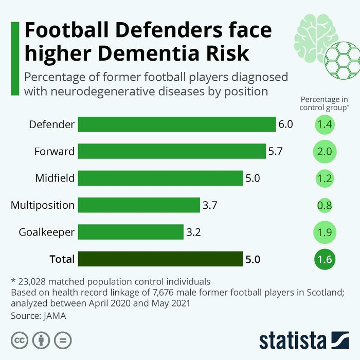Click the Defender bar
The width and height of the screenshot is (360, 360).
pos(177,124)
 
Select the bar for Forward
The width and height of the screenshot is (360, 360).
pos(172,151)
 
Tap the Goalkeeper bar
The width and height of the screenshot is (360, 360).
pos(131,232)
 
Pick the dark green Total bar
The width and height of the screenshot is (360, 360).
pos(160,259)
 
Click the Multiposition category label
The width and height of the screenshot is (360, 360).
pos(43,205)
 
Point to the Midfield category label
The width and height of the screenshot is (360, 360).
pos(55,178)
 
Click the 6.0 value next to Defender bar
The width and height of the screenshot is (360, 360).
pos(285,124)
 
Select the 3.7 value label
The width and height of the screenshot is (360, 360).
pos(210,205)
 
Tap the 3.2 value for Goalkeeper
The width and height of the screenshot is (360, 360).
pos(193,232)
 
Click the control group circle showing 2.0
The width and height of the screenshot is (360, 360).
pos(325,152)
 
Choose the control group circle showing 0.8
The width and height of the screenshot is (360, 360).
pos(325,206)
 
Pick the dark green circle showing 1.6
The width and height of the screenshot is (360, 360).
pos(325,260)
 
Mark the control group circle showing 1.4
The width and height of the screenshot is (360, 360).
pos(325,124)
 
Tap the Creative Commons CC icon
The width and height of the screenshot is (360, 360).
pos(20,340)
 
